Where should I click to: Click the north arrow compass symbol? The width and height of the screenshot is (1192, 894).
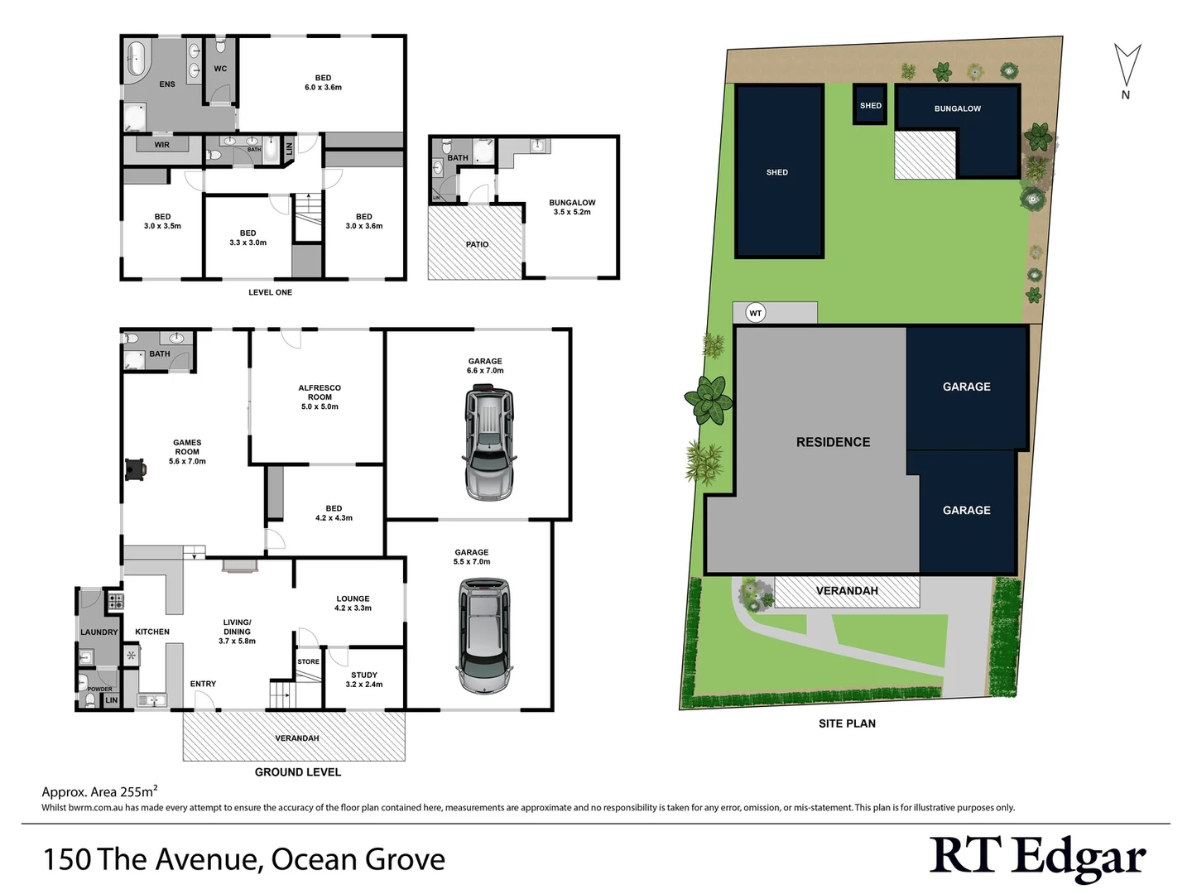tap(1126, 65)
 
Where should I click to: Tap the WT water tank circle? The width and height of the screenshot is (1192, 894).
tap(755, 313)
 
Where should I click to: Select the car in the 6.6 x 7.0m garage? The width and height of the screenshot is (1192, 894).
tap(489, 445)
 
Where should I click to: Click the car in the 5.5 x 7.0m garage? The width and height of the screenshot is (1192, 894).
tap(484, 635)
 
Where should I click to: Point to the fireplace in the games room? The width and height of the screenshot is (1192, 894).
tap(135, 469)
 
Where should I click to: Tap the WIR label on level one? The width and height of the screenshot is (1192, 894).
tap(162, 145)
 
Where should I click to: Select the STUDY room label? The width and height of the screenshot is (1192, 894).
tap(364, 675)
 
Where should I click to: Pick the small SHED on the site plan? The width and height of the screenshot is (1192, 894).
tap(870, 106)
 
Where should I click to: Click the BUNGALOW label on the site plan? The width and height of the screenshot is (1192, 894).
tap(957, 108)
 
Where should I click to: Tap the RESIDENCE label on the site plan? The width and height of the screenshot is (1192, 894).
tap(833, 442)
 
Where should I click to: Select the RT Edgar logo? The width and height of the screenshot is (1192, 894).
tap(1037, 858)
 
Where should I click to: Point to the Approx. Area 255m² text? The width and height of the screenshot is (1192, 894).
tap(99, 791)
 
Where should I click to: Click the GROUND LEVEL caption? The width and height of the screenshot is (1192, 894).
tap(297, 772)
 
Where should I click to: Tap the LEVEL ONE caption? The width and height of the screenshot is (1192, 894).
tap(270, 292)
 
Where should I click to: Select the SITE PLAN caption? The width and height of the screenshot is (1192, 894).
tap(847, 723)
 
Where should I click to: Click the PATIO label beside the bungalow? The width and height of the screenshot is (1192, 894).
tap(477, 244)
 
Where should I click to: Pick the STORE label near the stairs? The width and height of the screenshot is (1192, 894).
tap(308, 661)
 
